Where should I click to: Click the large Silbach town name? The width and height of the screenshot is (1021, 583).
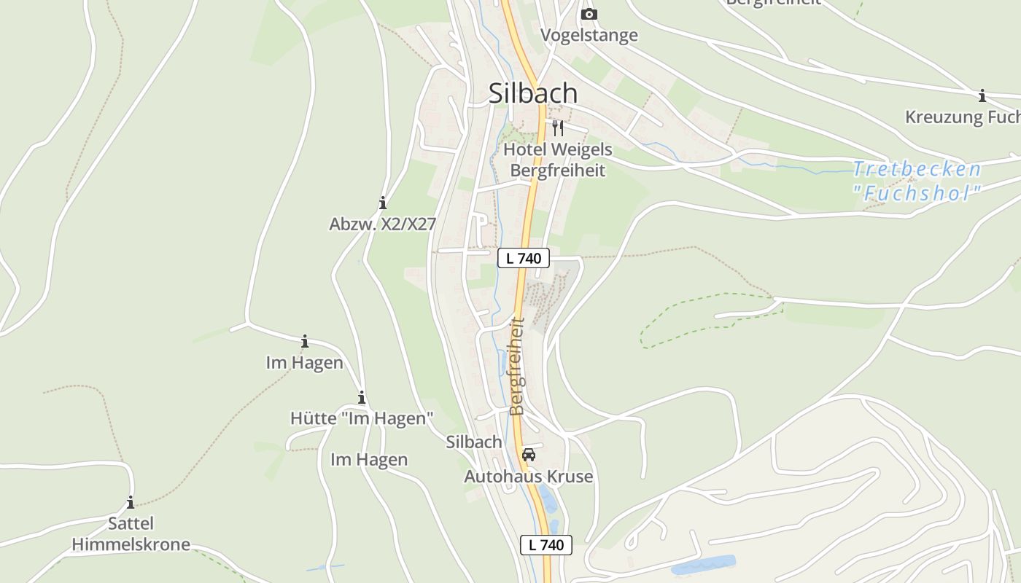point(532,93)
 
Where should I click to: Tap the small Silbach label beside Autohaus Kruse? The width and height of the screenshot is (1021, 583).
point(474,442)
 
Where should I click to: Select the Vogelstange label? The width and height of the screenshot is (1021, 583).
point(589,35)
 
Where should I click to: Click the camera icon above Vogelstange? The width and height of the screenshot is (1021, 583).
point(589,15)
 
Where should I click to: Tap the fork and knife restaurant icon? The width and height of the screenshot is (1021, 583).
point(558,128)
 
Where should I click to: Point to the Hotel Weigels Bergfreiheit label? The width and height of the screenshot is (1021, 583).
point(558,160)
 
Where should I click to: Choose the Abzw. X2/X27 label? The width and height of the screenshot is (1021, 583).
point(382,224)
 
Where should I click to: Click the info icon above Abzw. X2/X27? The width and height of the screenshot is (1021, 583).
point(382,203)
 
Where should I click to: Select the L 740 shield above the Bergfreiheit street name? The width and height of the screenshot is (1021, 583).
point(523,257)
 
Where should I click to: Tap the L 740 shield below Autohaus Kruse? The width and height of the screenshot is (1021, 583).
point(546,544)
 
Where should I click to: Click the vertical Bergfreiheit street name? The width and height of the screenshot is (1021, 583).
point(517,366)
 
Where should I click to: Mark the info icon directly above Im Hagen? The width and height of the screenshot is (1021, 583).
point(305,341)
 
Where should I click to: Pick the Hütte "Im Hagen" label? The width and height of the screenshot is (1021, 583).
point(362,418)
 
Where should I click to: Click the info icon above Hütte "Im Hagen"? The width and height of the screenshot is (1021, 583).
point(361,397)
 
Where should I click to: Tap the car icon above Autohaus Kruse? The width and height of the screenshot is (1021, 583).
point(529,455)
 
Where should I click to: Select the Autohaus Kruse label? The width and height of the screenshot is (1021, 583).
point(529,477)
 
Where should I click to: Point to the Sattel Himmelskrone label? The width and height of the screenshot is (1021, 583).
point(131,533)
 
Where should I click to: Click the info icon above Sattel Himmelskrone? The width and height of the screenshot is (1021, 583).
point(131,503)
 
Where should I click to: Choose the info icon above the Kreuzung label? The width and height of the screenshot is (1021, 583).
point(982,95)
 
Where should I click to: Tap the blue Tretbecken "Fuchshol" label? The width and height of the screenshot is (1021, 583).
point(917,181)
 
